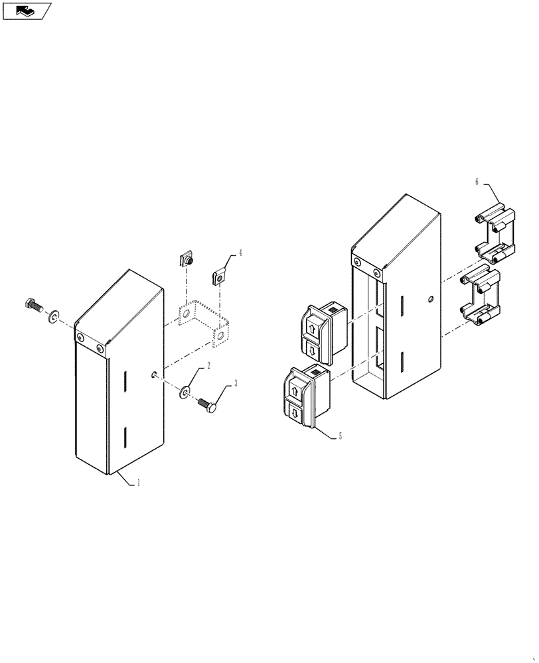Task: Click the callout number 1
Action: [x=138, y=484]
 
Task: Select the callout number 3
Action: [x=233, y=383]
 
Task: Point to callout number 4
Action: [x=240, y=253]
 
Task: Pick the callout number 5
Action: [x=341, y=436]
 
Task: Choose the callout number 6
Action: [x=476, y=181]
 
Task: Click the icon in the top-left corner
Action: [x=27, y=11]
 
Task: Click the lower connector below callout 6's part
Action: [x=485, y=297]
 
